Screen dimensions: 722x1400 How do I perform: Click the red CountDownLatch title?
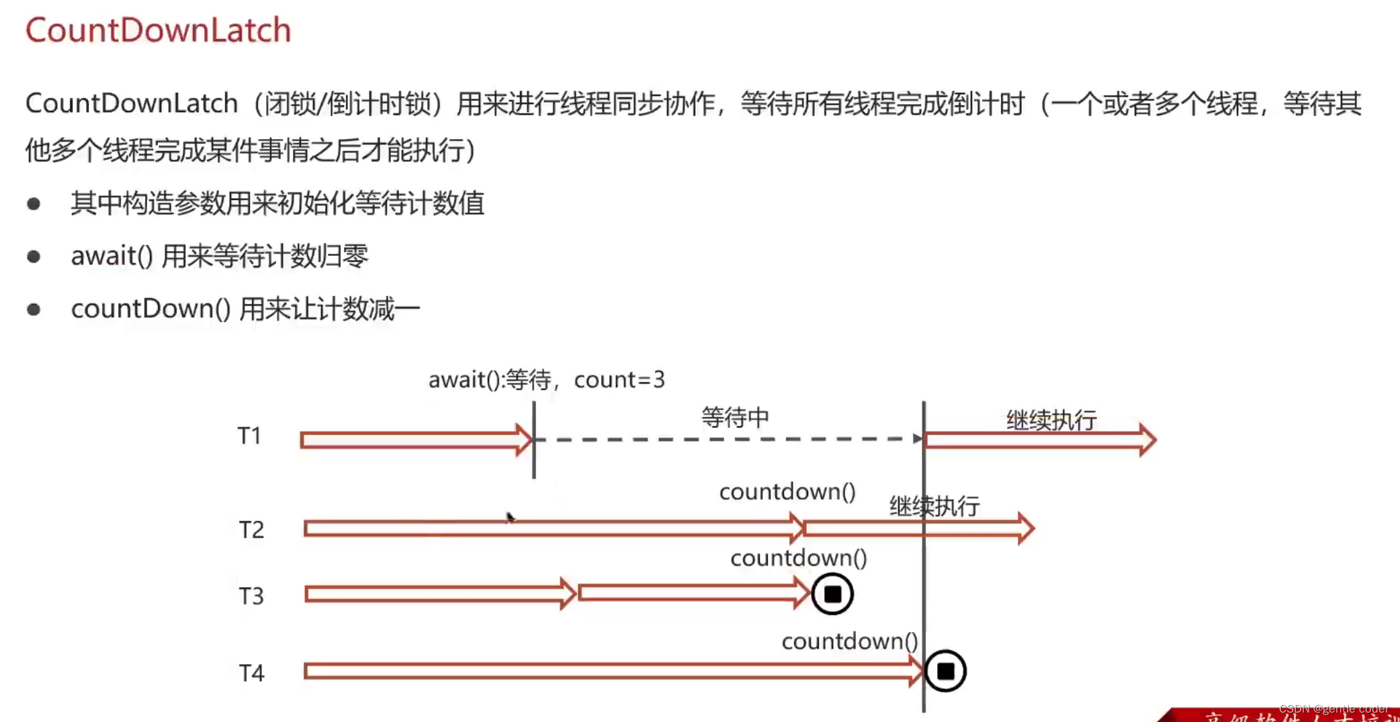coord(158,30)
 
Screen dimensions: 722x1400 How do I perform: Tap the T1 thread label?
coord(249,436)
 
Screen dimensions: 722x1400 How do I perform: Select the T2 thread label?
coord(251,530)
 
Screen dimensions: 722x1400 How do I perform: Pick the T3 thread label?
coord(251,596)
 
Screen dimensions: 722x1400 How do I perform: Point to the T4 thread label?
coord(251,672)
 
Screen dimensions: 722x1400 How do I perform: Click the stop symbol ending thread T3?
coord(832,594)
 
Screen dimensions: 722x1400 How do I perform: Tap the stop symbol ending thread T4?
coord(945,671)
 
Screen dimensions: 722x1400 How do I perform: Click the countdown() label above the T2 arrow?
coord(787,492)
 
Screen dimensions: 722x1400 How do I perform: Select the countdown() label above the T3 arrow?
coord(799,558)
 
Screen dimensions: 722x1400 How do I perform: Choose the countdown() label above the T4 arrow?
coord(850,641)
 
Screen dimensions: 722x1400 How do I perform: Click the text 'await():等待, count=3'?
coord(546,380)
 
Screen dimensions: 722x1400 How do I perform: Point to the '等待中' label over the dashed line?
coord(735,418)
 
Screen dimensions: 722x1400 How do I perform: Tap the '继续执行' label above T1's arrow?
coord(1051,420)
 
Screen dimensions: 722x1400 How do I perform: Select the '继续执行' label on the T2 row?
coord(934,506)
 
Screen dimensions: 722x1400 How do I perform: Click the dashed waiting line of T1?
coord(726,439)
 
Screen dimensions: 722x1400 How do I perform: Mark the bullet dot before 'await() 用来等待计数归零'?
coord(34,257)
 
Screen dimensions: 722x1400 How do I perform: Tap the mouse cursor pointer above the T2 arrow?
coord(510,516)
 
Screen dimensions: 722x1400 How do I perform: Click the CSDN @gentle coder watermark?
coord(1333,709)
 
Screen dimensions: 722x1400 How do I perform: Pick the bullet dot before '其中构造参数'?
coord(34,204)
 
